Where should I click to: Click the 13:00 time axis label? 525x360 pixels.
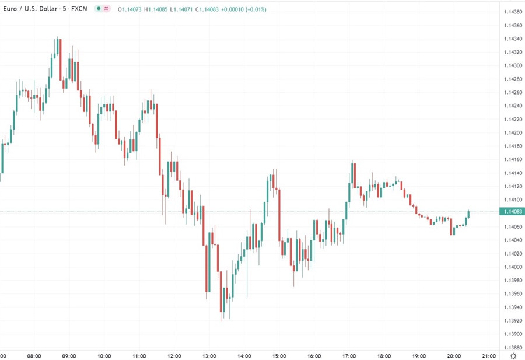pos(209,355)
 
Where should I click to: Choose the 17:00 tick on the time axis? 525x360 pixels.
pos(349,355)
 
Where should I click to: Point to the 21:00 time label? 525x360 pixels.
pos(488,355)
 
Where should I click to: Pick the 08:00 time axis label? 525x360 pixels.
pos(34,355)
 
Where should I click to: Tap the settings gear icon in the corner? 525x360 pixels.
pos(513,355)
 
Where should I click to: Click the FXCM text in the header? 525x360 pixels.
pos(79,9)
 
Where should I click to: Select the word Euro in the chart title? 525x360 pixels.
pos(9,9)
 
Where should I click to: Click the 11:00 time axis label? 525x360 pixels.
pos(139,355)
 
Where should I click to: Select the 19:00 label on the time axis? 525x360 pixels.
pos(419,355)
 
